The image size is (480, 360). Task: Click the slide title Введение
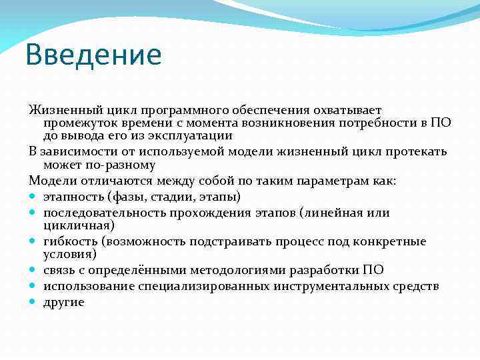click(x=93, y=55)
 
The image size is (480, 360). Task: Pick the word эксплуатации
click(x=189, y=135)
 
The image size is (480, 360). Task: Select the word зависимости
click(x=73, y=151)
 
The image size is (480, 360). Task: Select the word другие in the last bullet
click(x=64, y=302)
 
